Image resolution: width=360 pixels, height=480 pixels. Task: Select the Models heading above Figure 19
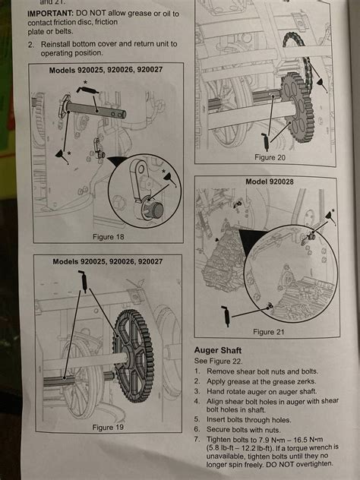click(x=107, y=261)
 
